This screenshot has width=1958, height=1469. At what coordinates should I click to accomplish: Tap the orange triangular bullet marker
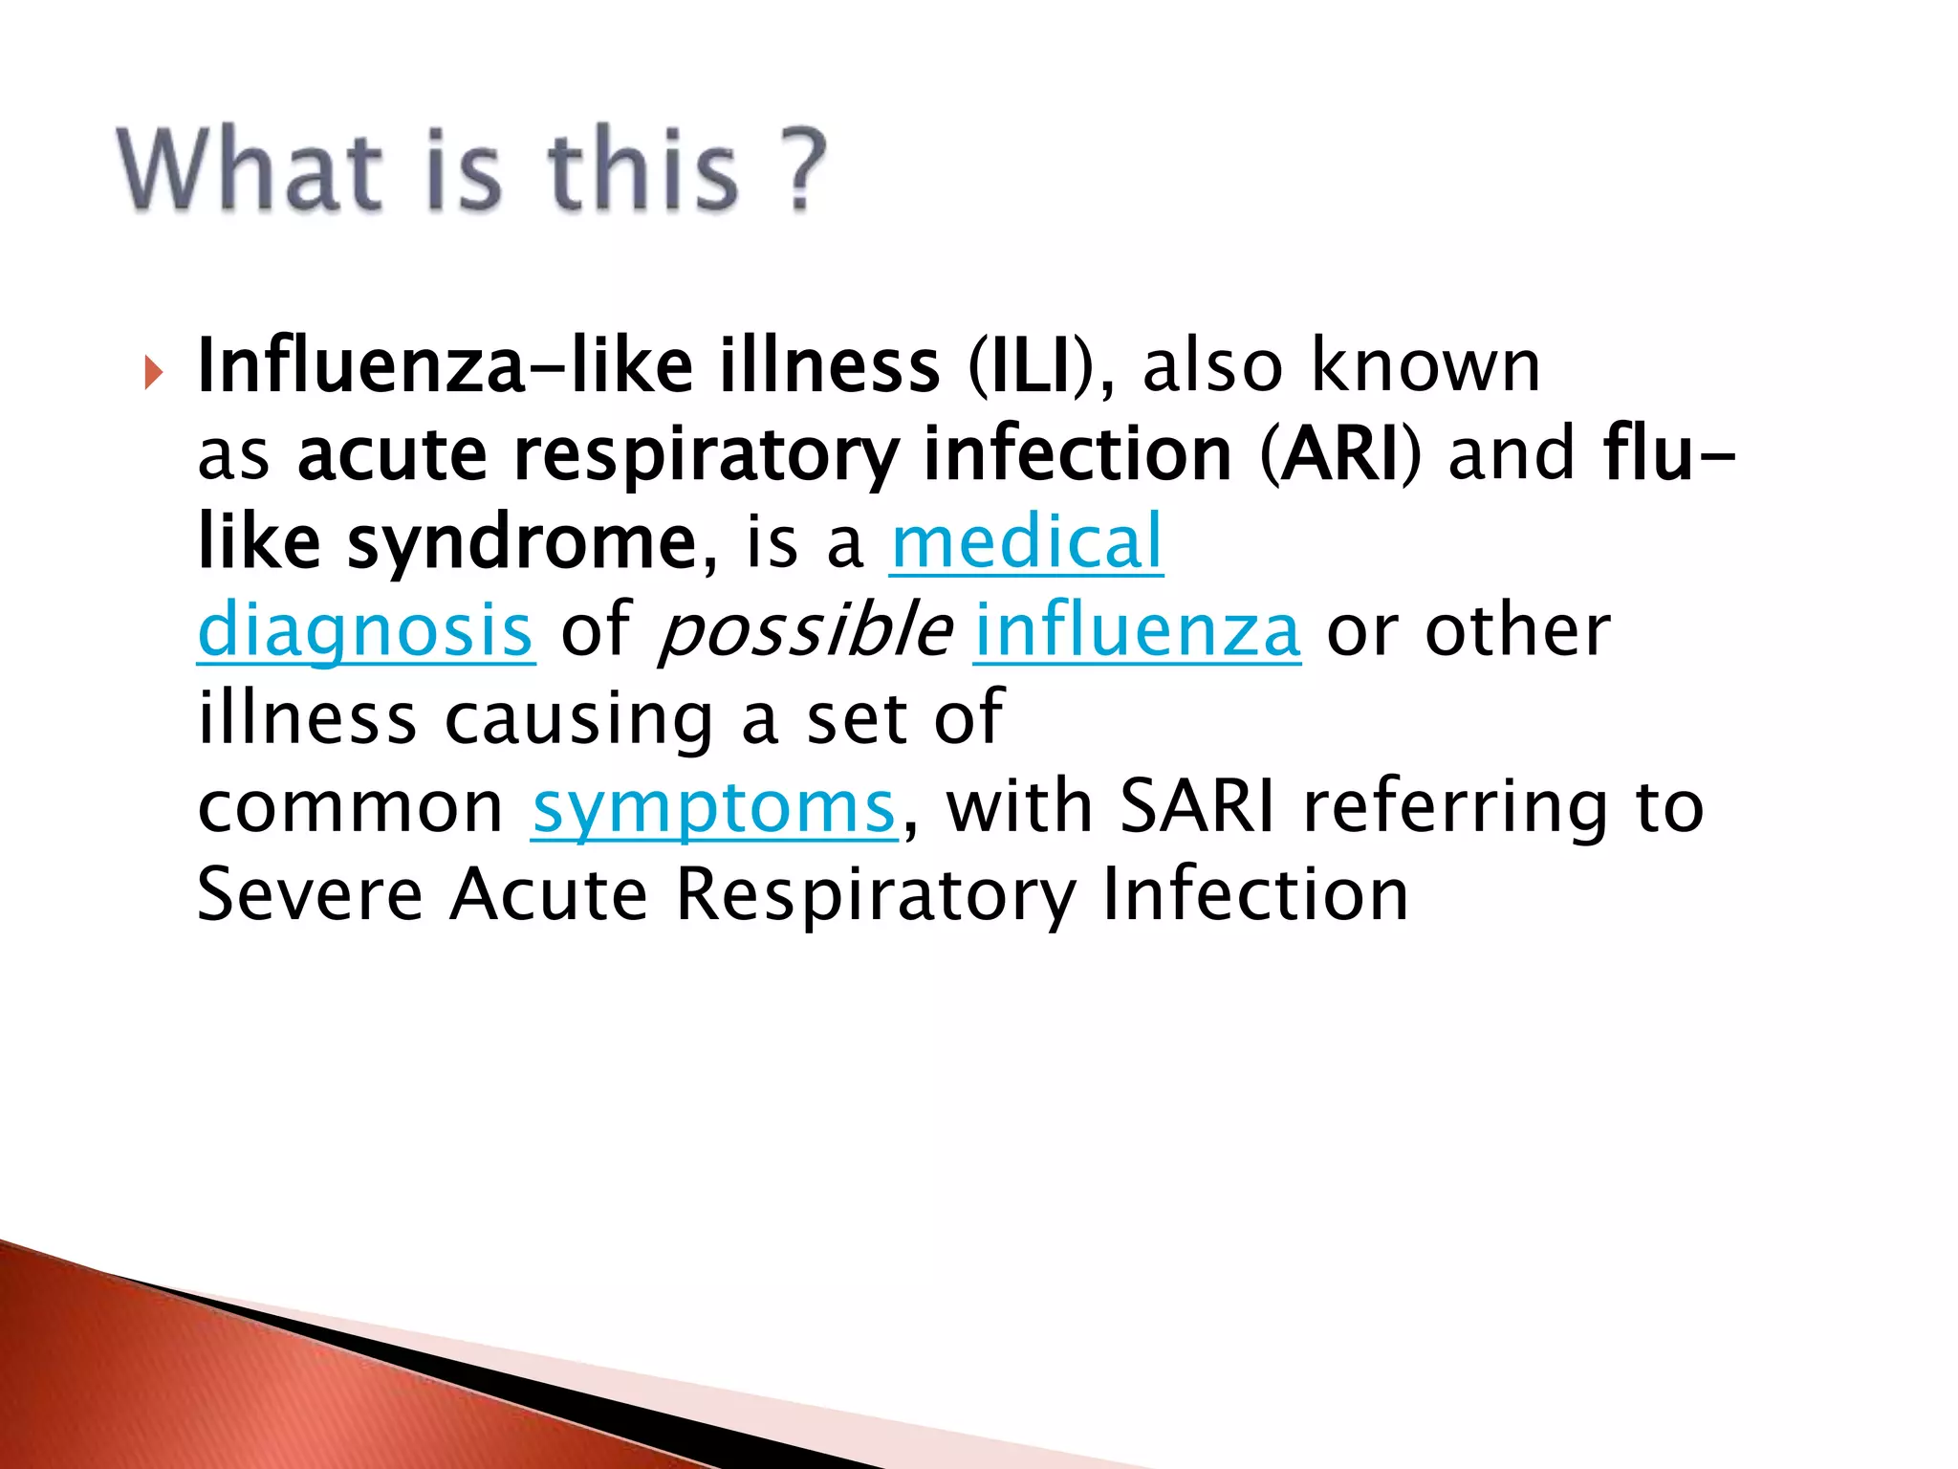(x=154, y=372)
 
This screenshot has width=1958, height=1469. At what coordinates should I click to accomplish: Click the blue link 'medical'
(x=1026, y=542)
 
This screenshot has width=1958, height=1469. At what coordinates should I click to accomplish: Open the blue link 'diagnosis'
(x=365, y=631)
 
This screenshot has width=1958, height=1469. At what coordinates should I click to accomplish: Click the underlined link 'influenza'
(x=1137, y=631)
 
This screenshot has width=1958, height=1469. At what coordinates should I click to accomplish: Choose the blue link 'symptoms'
(x=714, y=808)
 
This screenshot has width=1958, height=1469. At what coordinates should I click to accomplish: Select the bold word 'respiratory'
(x=705, y=456)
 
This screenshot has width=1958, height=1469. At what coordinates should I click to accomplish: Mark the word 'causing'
(x=579, y=719)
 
